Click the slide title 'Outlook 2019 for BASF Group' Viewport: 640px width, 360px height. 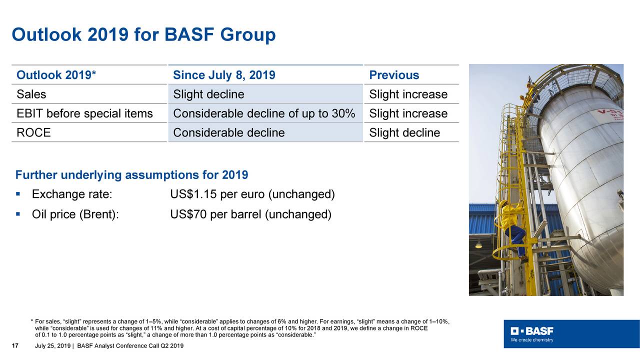143,34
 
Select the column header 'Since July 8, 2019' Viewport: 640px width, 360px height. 224,75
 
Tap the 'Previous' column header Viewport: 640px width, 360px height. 394,75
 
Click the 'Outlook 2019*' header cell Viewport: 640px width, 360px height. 56,75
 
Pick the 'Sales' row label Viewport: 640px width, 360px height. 31,94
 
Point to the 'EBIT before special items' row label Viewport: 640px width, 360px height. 84,113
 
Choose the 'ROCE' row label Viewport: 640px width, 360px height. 33,132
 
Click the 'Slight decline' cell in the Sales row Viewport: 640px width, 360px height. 208,94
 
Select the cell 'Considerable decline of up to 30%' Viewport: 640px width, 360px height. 264,113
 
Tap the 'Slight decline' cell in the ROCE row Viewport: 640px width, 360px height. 404,132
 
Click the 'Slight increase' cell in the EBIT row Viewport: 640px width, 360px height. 408,113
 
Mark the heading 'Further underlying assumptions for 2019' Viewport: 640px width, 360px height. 132,175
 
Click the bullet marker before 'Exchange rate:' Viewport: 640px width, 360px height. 18,193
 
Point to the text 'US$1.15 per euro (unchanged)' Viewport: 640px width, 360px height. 252,194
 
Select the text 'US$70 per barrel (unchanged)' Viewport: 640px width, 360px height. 250,215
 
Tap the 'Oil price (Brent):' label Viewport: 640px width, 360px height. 75,215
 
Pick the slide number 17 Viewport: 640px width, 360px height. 15,346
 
